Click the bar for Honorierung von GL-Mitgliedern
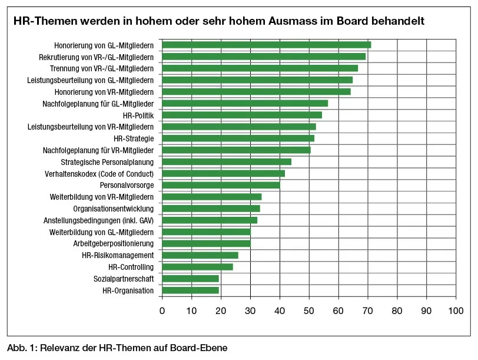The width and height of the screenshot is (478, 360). coord(266,45)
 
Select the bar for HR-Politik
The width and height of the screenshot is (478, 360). coord(241,115)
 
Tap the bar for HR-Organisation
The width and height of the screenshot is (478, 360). coord(190,290)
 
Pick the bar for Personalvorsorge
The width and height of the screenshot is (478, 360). coord(221,185)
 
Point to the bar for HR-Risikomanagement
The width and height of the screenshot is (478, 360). coord(200,255)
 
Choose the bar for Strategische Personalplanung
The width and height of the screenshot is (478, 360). coord(227,162)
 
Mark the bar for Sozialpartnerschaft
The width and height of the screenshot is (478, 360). coord(190,279)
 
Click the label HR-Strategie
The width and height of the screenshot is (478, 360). coord(134,138)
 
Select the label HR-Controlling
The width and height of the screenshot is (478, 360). coord(131,267)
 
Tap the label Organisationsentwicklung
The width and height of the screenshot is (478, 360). coord(114,209)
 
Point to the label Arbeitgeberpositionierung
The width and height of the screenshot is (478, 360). coord(114,243)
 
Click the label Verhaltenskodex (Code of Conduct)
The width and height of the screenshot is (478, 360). coord(99,174)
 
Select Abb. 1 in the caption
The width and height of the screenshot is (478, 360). coord(21,348)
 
